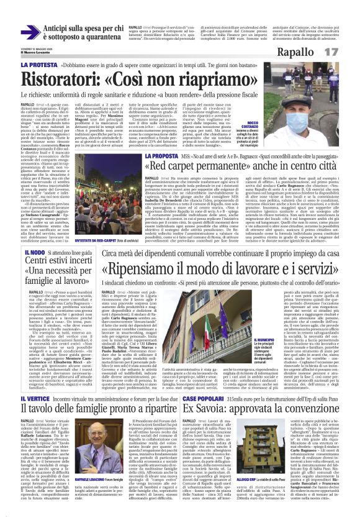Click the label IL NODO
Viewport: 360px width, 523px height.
[34, 253]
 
